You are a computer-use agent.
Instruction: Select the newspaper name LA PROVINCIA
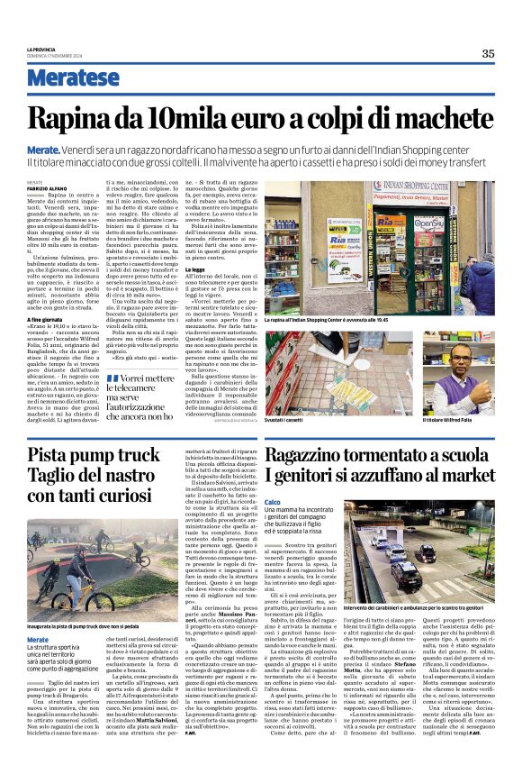(x=42, y=49)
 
